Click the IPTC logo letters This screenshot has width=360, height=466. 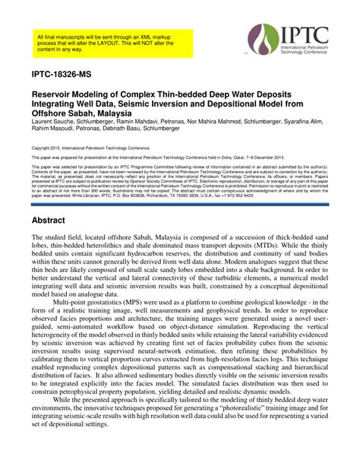304,38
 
